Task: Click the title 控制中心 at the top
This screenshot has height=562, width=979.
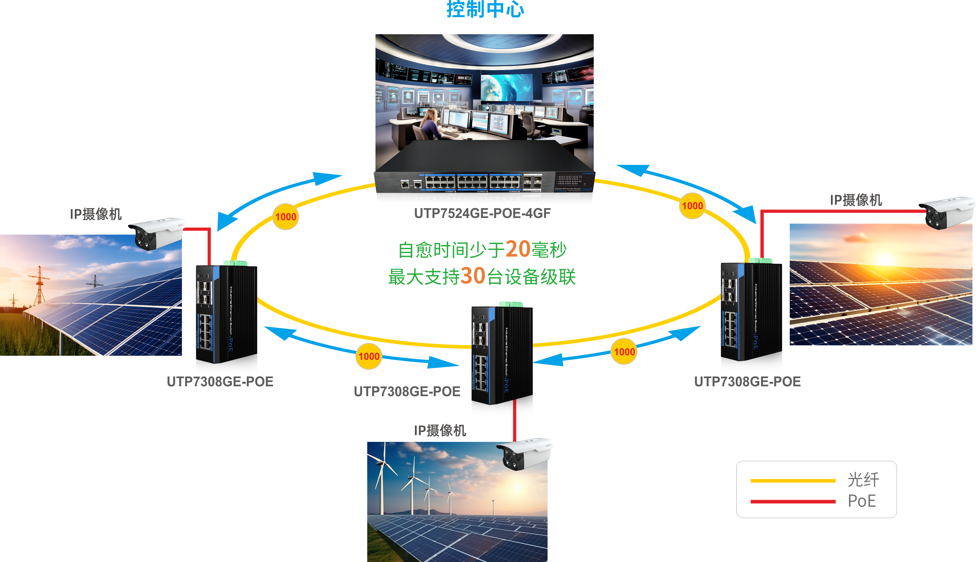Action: pyautogui.click(x=485, y=9)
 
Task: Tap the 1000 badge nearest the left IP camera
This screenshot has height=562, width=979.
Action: pyautogui.click(x=286, y=217)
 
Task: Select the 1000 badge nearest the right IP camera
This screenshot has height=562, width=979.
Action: pyautogui.click(x=692, y=206)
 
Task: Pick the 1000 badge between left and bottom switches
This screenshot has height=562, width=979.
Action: pyautogui.click(x=369, y=356)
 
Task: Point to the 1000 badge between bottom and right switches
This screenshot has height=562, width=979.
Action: pyautogui.click(x=624, y=352)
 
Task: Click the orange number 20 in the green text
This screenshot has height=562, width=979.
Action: pyautogui.click(x=518, y=249)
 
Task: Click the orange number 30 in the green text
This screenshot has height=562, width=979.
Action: pyautogui.click(x=472, y=276)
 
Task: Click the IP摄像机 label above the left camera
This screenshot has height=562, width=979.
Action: pyautogui.click(x=96, y=214)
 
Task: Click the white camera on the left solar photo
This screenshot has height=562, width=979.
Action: pyautogui.click(x=156, y=233)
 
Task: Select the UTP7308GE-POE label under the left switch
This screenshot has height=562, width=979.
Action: pyautogui.click(x=220, y=382)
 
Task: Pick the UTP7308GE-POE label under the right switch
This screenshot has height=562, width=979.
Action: pyautogui.click(x=747, y=382)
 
